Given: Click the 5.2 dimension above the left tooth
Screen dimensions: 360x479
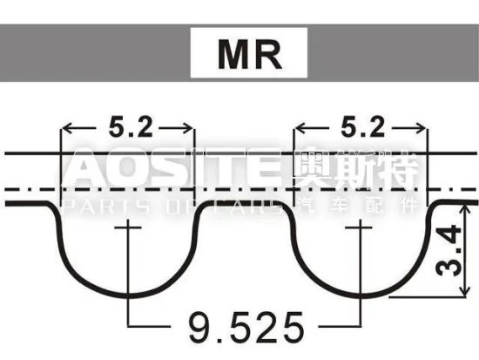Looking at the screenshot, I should coord(130,127).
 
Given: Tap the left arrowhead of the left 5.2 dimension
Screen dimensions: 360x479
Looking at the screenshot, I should coord(64,130).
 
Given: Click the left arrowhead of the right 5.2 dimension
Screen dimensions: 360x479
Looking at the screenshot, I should coord(298,130).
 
